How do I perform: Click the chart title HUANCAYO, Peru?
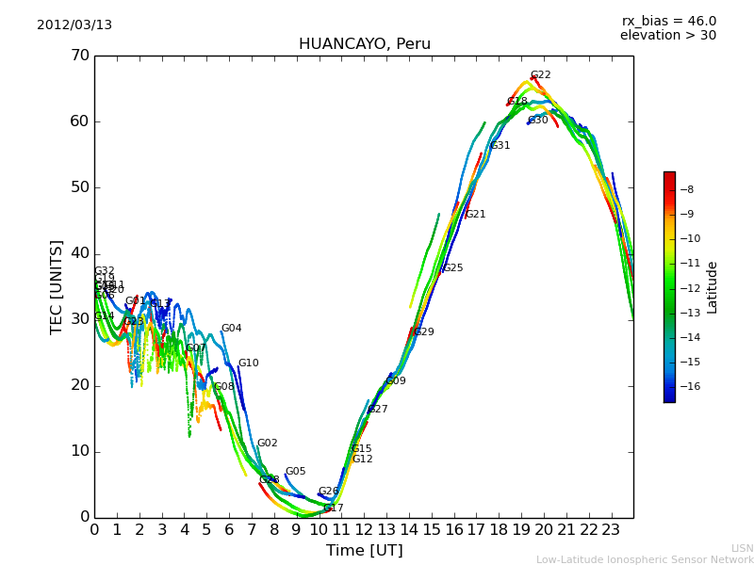364,44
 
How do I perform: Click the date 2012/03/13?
74,25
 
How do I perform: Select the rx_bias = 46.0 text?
668,21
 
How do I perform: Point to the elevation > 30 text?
667,36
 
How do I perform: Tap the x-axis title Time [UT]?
364,551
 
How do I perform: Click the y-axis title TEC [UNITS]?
57,286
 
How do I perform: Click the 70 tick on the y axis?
79,56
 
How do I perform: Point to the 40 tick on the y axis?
79,253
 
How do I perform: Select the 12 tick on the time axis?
364,530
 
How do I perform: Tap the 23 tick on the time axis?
611,530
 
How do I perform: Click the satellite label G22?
541,75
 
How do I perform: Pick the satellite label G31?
500,146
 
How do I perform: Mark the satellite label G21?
476,215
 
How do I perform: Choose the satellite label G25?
453,268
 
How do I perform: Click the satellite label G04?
232,329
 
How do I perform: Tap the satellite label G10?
248,363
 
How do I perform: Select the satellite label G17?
334,508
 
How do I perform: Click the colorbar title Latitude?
713,287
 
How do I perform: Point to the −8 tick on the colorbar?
686,189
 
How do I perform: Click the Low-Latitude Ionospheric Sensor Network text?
645,560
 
